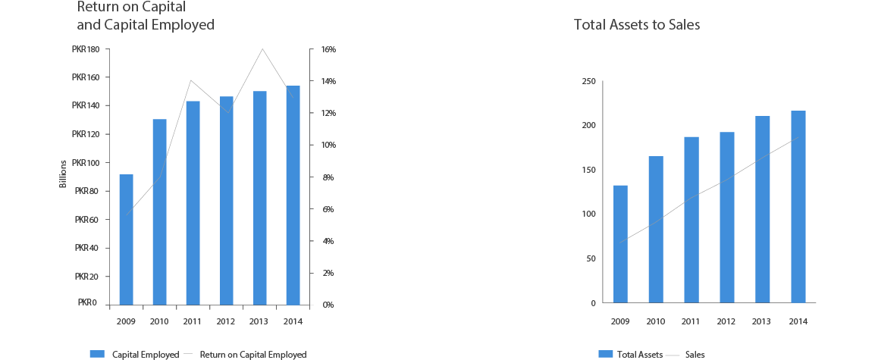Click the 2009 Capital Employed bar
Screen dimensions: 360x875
[x=126, y=239]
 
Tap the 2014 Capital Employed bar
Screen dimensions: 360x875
[x=293, y=195]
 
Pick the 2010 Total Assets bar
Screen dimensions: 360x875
[x=656, y=230]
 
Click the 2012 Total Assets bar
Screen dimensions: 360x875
[x=726, y=218]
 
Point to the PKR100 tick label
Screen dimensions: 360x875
[x=85, y=162]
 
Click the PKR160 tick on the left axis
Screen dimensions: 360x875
[x=85, y=77]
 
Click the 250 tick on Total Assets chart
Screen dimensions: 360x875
[x=588, y=81]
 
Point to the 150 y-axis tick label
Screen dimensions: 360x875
[x=588, y=170]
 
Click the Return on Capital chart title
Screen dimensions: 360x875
[x=146, y=17]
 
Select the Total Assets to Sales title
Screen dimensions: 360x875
[x=637, y=25]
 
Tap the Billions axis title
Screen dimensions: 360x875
[x=64, y=174]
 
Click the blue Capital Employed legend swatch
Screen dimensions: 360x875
[x=96, y=354]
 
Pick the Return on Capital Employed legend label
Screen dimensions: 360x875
[x=263, y=355]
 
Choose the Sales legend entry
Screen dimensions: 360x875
[x=695, y=355]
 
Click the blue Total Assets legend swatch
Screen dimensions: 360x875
[x=605, y=354]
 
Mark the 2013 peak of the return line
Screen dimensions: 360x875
[x=262, y=49]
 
